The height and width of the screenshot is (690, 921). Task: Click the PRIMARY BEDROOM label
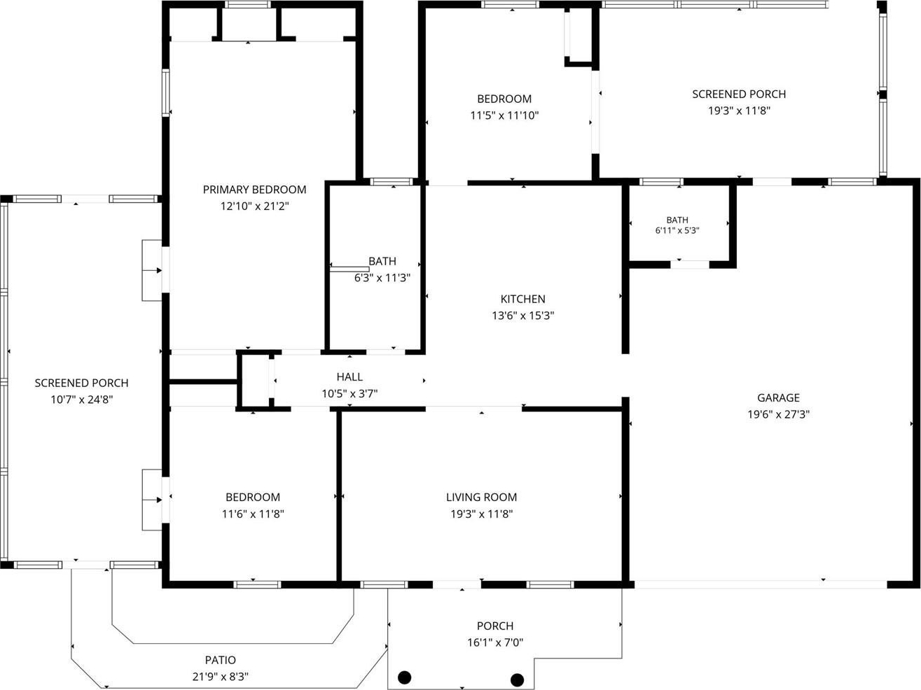coord(254,190)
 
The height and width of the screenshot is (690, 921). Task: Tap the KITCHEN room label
coord(522,299)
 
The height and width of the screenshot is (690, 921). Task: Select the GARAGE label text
coord(778,397)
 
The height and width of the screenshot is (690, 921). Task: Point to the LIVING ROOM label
coord(481,497)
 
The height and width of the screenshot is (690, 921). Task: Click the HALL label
coord(349,377)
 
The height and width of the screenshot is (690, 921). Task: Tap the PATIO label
coord(221,660)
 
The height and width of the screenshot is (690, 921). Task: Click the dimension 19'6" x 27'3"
coord(778,414)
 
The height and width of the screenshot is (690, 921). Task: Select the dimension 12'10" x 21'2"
coord(255,206)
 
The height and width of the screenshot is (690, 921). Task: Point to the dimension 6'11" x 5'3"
coord(677,230)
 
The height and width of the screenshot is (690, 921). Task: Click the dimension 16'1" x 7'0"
coord(495,642)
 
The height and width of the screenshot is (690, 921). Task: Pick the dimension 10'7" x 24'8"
coord(82,400)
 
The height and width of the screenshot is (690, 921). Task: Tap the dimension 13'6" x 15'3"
coord(522,316)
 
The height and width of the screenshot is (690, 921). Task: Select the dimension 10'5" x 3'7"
coord(349,393)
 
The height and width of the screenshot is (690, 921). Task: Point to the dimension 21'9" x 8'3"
coord(221,677)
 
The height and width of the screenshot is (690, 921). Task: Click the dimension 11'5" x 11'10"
coord(504,115)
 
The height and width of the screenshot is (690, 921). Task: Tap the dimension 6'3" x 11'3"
coord(382,278)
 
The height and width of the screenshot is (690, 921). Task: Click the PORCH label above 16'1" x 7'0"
coord(495,626)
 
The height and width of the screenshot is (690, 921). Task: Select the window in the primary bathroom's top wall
coord(392,182)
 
